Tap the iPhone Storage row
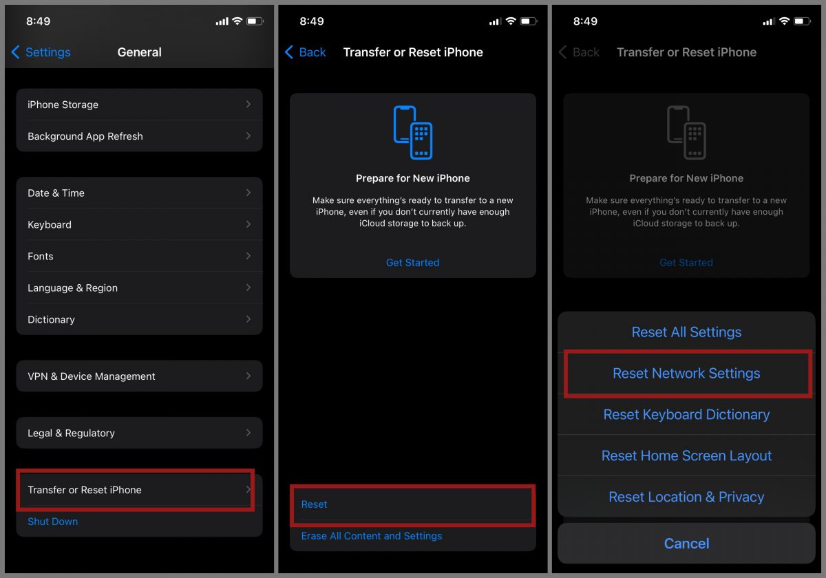(139, 105)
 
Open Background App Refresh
(139, 136)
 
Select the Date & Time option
(139, 193)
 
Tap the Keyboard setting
(139, 224)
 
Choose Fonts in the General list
(139, 256)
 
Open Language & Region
(139, 288)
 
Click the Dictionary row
(139, 319)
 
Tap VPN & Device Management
(139, 376)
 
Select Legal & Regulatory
(139, 433)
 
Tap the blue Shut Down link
(53, 522)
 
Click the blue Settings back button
(41, 52)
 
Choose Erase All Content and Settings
(371, 536)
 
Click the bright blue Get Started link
(412, 262)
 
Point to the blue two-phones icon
(412, 133)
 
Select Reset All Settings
(686, 332)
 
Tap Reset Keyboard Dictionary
(686, 414)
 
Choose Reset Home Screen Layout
(686, 456)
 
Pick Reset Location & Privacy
(686, 497)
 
